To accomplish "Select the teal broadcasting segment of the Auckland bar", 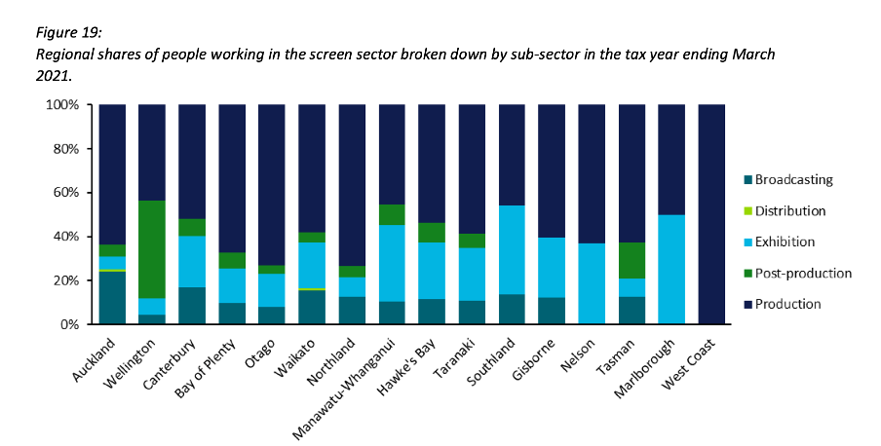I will [x=112, y=298].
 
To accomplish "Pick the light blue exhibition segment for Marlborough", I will [x=671, y=269].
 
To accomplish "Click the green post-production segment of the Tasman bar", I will [x=632, y=261].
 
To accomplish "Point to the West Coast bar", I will [x=711, y=214].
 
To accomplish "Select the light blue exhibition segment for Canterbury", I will [x=192, y=261].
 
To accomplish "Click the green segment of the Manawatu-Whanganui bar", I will [x=392, y=215].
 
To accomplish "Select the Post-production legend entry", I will [x=794, y=274].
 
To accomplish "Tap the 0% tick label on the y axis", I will [x=72, y=324].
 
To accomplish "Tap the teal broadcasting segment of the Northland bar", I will [x=352, y=311].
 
